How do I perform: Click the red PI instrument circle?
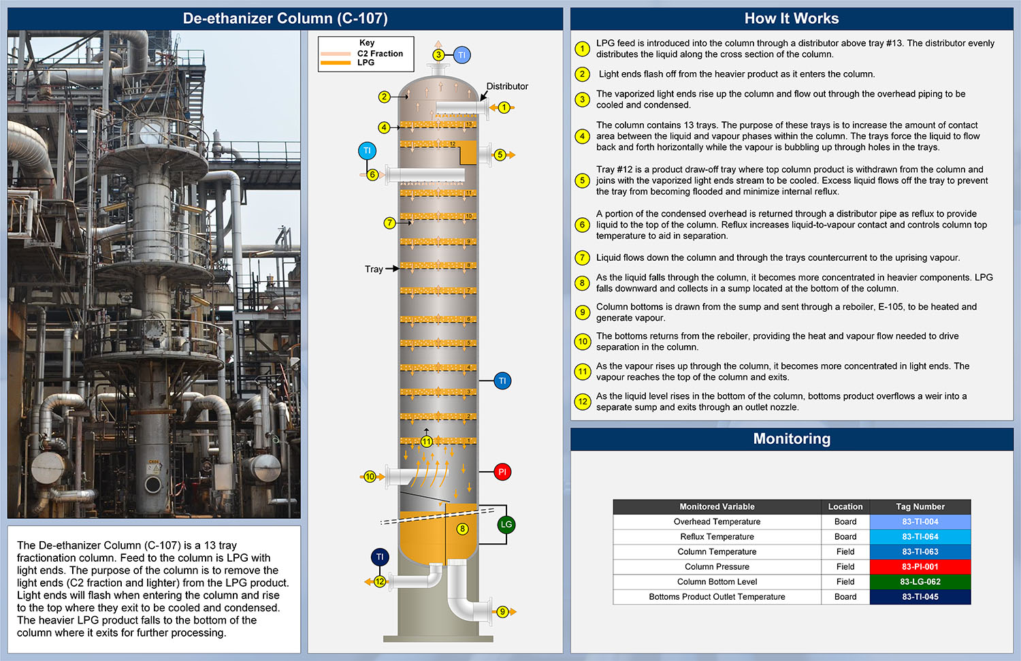[502, 472]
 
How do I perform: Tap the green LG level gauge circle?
[506, 524]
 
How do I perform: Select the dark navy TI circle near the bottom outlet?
[380, 557]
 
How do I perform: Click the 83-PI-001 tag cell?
[920, 566]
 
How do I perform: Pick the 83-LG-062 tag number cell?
[920, 581]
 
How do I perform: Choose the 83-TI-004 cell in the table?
[920, 521]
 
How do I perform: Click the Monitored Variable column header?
[717, 506]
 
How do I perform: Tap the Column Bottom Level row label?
[717, 581]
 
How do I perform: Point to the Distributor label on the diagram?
[507, 86]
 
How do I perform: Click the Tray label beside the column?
[374, 269]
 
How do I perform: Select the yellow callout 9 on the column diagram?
[502, 611]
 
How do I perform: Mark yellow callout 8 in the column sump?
[463, 529]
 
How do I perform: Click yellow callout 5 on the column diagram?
[500, 155]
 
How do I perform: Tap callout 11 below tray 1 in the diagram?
[427, 441]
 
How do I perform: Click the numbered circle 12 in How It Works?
[582, 402]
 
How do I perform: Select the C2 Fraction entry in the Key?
[380, 53]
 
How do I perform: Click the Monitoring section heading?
[792, 439]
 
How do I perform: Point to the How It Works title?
[792, 18]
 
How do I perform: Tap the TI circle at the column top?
[461, 55]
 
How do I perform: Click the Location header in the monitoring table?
[845, 506]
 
